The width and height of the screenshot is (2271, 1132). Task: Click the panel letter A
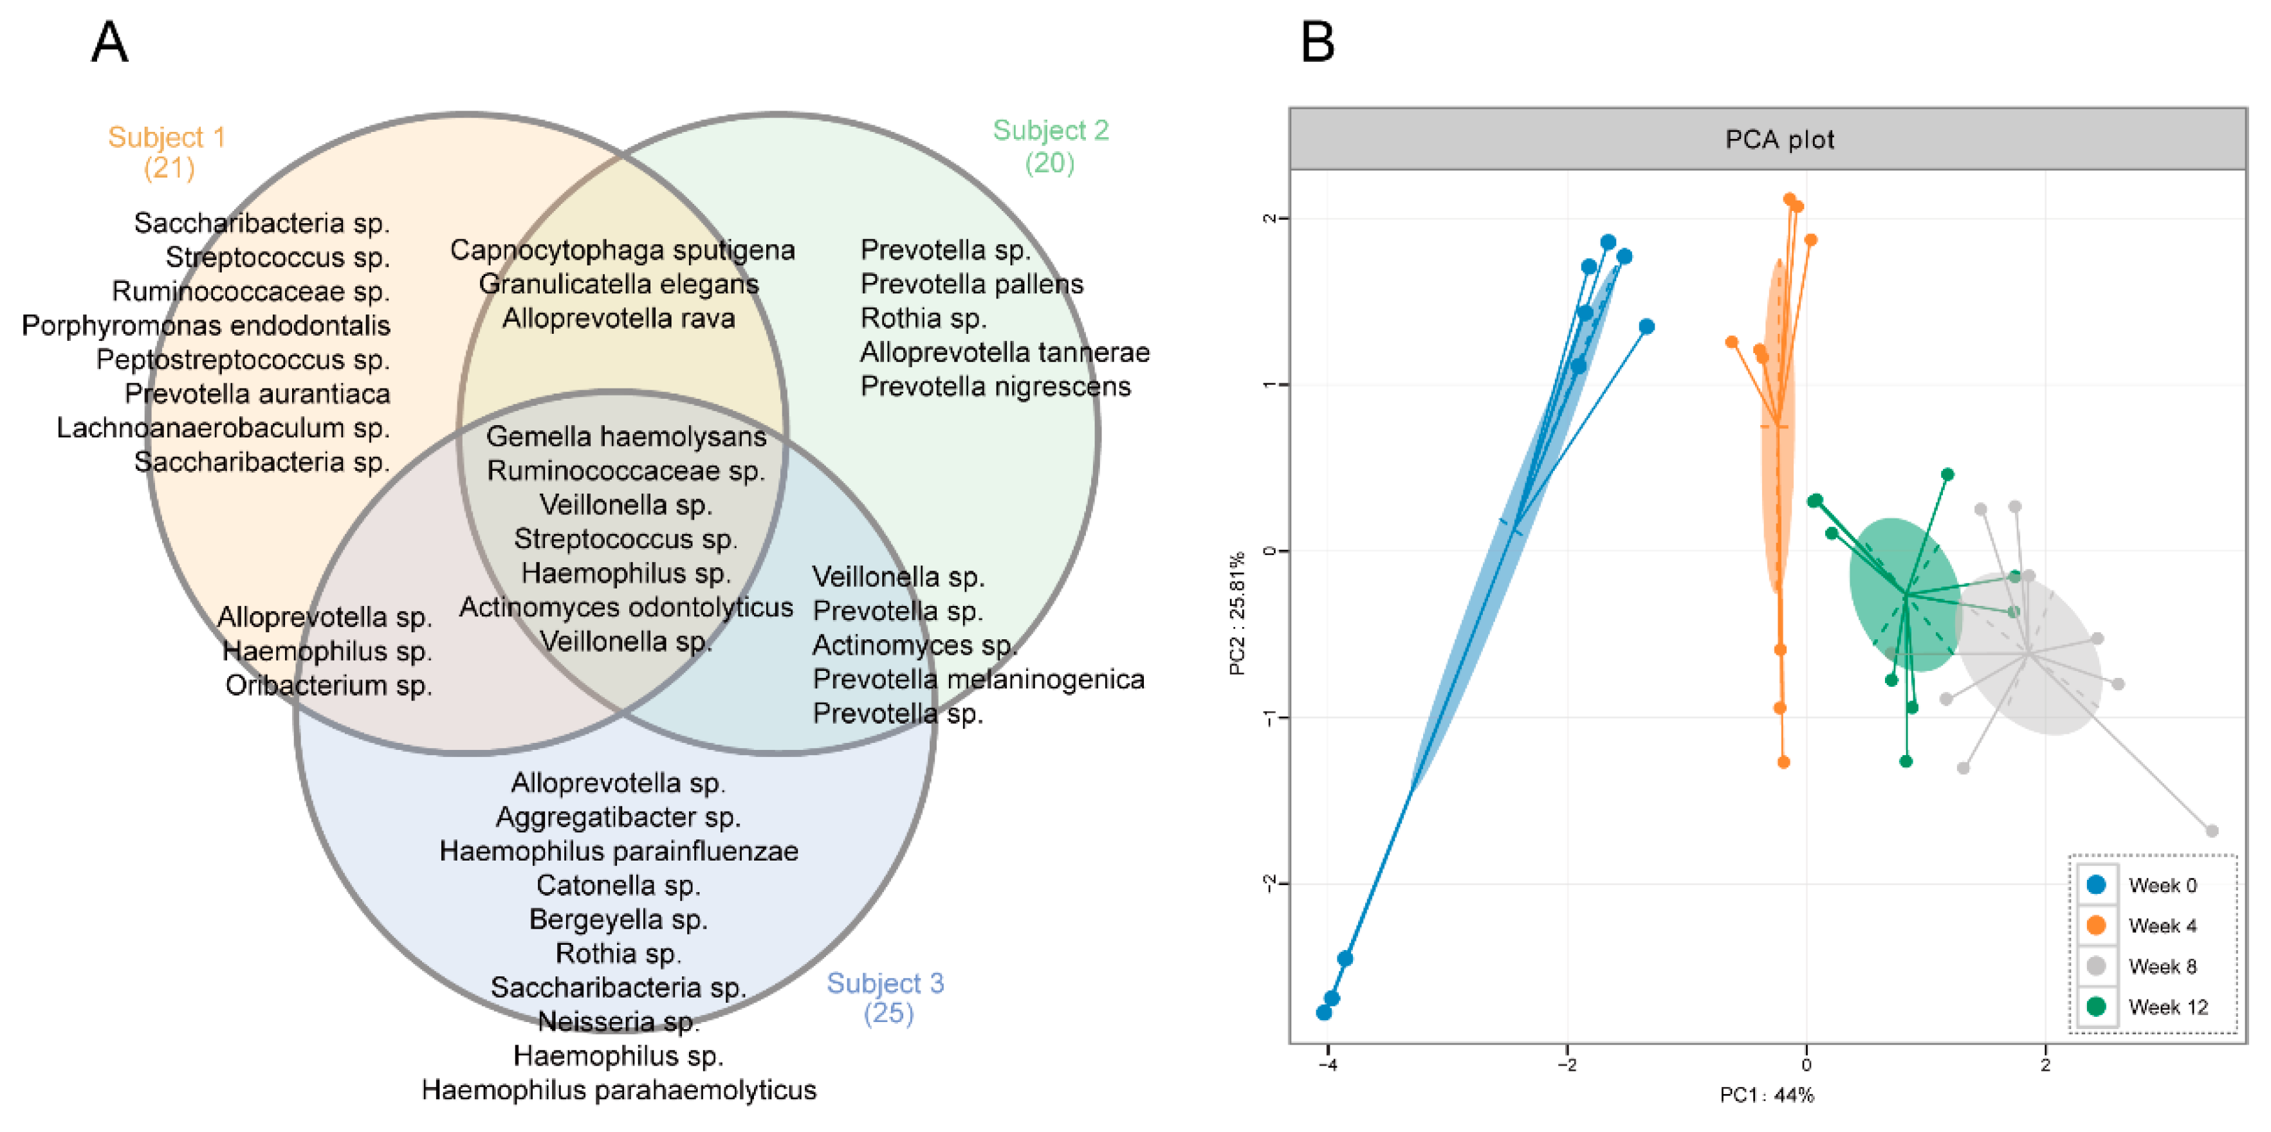coord(109,42)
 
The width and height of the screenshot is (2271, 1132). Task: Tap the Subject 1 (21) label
coord(167,152)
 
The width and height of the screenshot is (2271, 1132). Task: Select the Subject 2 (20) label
coord(1050,147)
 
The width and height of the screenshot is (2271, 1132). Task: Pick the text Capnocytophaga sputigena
coord(622,250)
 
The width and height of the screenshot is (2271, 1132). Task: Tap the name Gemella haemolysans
coord(626,437)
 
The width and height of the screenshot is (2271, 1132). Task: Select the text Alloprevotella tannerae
coord(1004,352)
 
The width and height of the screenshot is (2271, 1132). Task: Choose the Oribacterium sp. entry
coord(328,685)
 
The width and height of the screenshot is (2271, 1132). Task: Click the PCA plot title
coord(1779,140)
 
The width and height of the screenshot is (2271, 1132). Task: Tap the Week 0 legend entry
coord(2162,885)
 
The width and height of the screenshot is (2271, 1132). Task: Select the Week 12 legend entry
coord(2167,1007)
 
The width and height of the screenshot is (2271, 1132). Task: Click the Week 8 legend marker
coord(2097,966)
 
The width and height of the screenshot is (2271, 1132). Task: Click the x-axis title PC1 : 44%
coord(1767,1095)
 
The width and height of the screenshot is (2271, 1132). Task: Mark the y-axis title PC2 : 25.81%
coord(1238,614)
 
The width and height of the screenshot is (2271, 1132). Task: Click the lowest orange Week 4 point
coord(1783,762)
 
